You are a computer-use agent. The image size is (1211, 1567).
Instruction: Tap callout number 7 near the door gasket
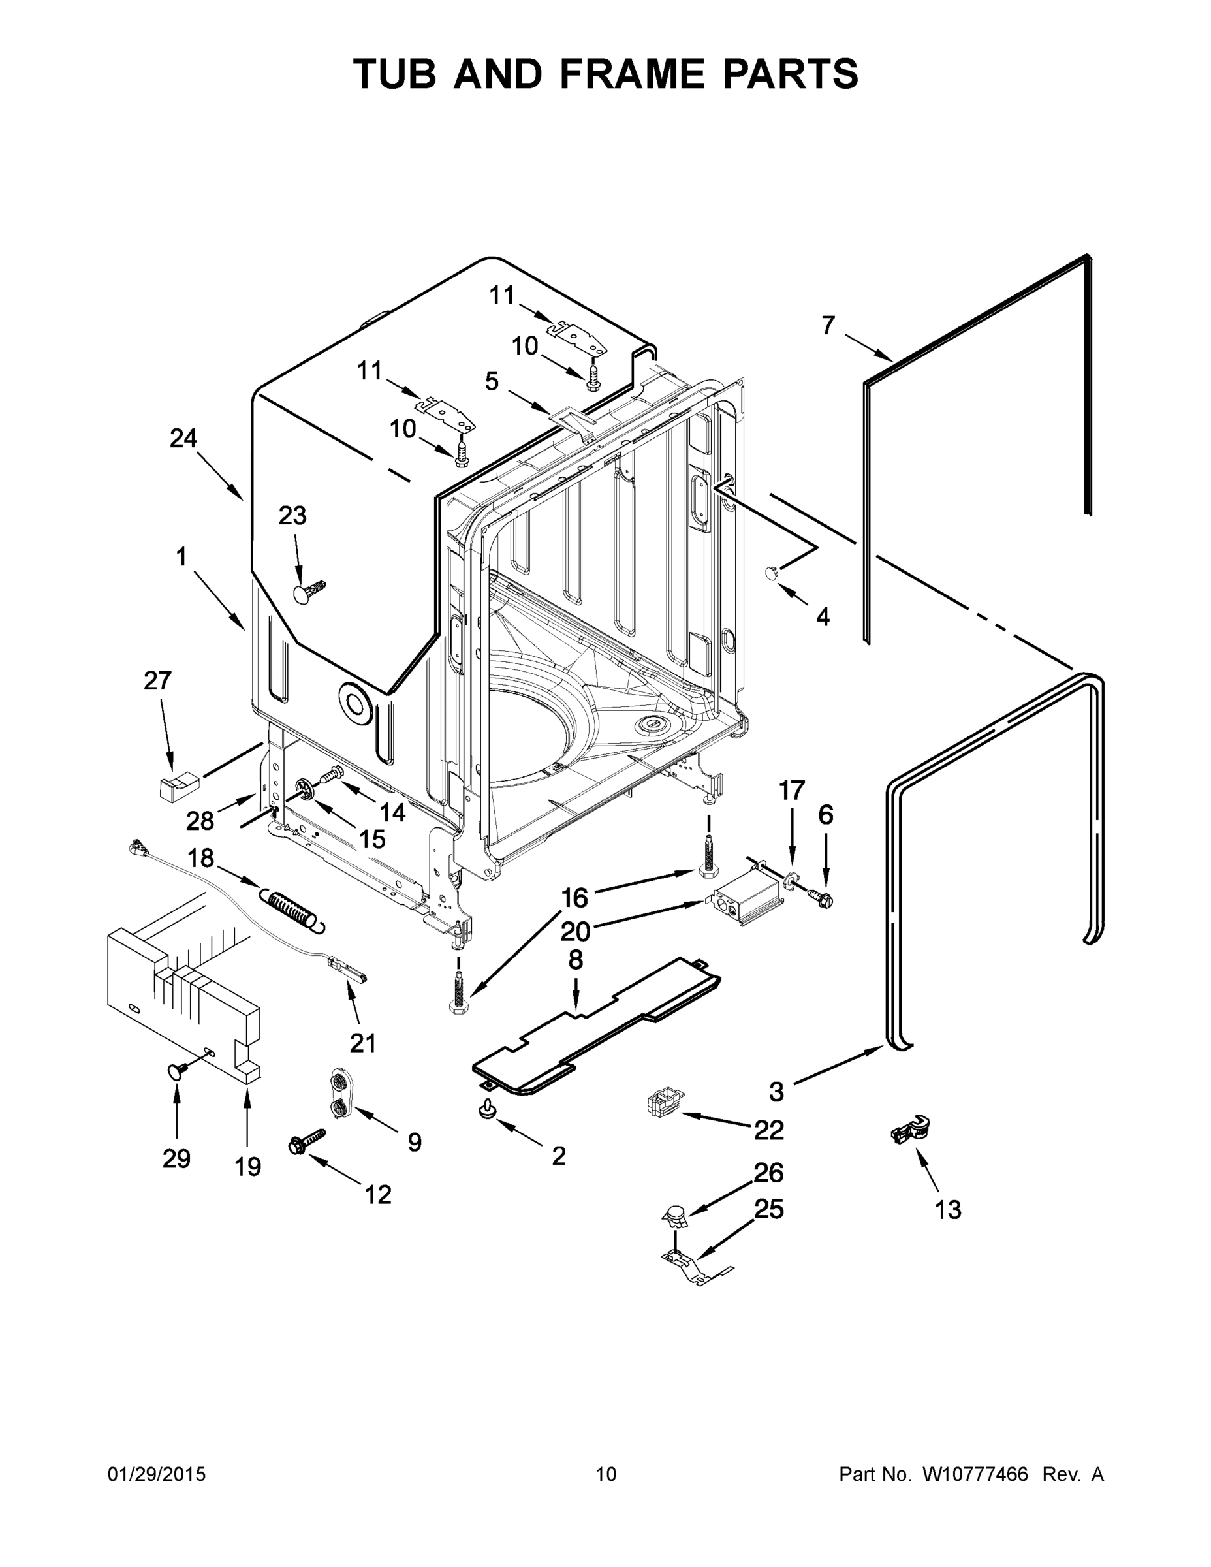(x=828, y=326)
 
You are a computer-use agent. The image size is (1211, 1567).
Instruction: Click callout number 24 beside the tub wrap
(x=183, y=437)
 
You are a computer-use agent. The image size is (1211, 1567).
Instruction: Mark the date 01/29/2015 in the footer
(x=157, y=1474)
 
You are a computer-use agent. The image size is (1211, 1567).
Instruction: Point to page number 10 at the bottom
(x=606, y=1474)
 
